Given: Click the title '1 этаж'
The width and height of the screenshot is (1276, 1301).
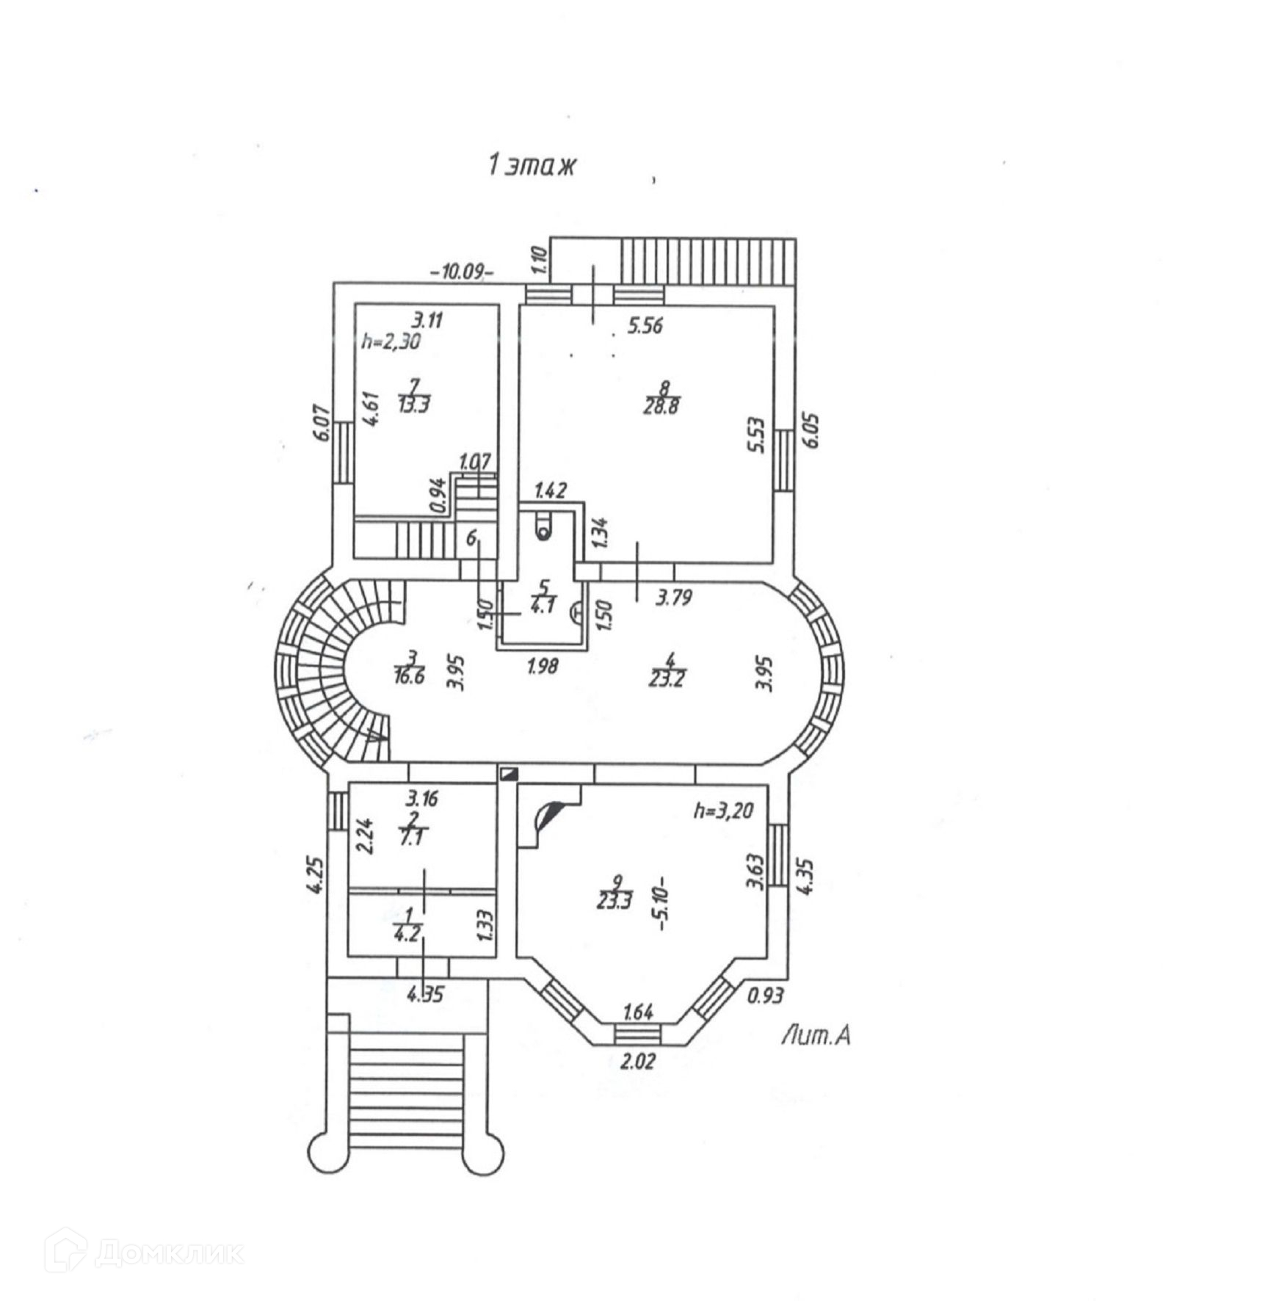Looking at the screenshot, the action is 532,165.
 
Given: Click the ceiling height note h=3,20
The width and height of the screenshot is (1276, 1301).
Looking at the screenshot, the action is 724,811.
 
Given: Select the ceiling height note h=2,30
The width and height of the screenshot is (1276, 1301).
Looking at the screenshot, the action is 391,341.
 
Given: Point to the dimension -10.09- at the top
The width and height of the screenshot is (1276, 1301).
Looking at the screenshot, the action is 462,271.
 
